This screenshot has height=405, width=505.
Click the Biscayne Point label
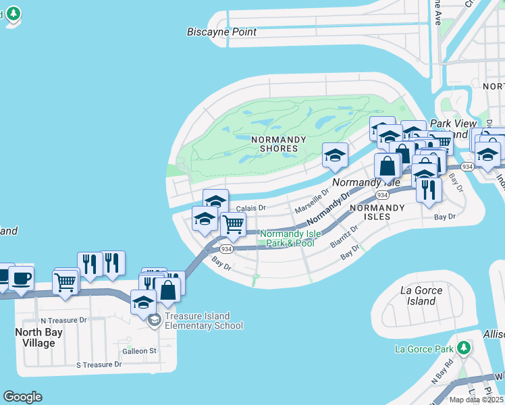[221, 32]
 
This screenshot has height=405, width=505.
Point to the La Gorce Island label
[421, 296]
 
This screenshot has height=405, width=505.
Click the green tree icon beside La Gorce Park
[463, 348]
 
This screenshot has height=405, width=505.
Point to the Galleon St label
[139, 351]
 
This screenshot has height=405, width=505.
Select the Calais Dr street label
[255, 209]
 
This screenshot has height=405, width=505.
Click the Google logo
[22, 397]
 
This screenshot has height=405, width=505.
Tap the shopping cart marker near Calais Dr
[233, 225]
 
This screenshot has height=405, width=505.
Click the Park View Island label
[450, 129]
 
